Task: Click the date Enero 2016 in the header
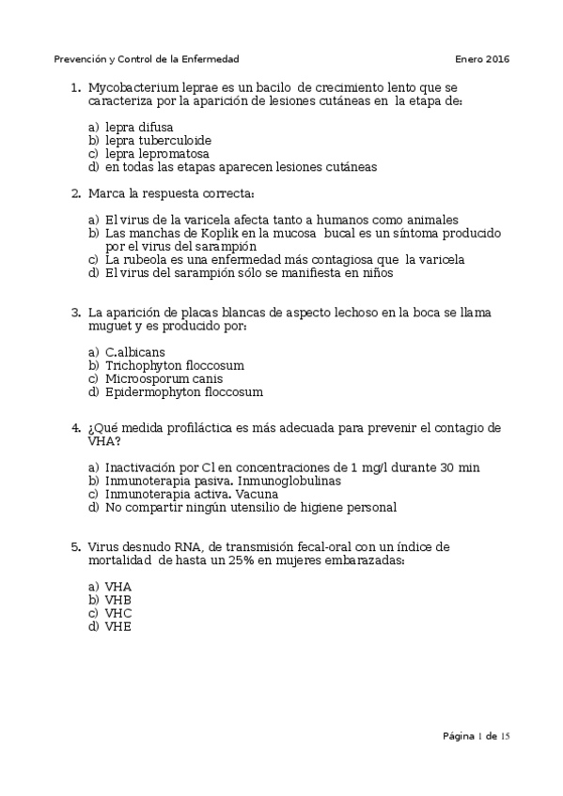(482, 59)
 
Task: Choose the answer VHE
(118, 626)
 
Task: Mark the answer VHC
(118, 613)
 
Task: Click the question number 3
(75, 313)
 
